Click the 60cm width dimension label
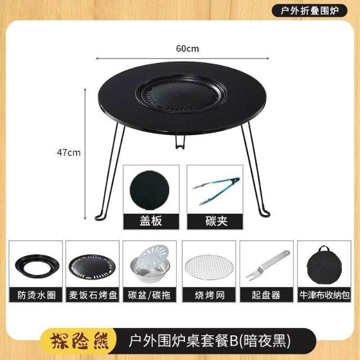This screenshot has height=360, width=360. click(187, 49)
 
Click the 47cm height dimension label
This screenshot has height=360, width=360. click(69, 152)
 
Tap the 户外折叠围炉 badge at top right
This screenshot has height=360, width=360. click(309, 11)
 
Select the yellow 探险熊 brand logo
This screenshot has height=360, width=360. click(79, 341)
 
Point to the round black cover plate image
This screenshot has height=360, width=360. click(150, 190)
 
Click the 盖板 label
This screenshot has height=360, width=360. click(151, 221)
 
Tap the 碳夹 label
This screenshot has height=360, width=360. click(216, 221)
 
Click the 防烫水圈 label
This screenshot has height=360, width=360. click(37, 295)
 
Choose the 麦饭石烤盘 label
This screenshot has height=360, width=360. click(93, 295)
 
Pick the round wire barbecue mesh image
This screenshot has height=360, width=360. click(209, 268)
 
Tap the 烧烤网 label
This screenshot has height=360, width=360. click(209, 295)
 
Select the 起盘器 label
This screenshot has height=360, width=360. click(266, 295)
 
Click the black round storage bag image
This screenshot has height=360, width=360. click(324, 265)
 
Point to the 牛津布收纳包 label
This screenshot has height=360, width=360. click(325, 295)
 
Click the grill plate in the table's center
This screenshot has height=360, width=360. click(181, 94)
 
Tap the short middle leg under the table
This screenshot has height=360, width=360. click(180, 142)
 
